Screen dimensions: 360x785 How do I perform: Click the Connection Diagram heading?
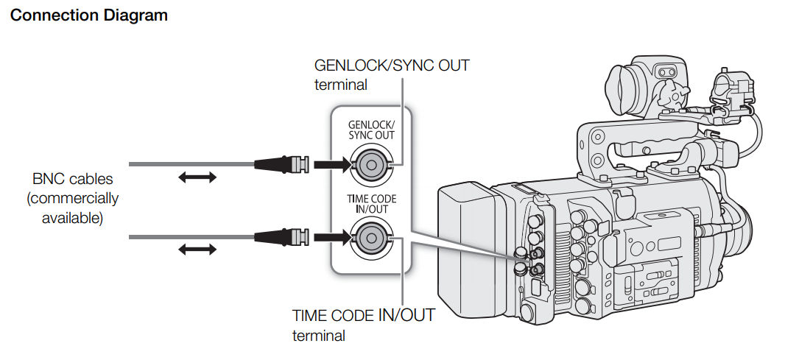pyautogui.click(x=88, y=15)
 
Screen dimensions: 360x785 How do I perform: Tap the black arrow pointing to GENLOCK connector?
pyautogui.click(x=329, y=163)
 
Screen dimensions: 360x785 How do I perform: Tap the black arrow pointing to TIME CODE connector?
pyautogui.click(x=329, y=236)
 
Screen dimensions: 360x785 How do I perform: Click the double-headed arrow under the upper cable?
pyautogui.click(x=198, y=177)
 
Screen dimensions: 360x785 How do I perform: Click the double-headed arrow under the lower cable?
pyautogui.click(x=198, y=250)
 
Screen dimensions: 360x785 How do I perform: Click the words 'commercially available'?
pyautogui.click(x=72, y=208)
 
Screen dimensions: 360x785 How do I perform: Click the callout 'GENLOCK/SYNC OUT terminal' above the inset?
pyautogui.click(x=391, y=74)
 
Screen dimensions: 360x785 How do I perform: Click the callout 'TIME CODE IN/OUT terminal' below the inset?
pyautogui.click(x=363, y=325)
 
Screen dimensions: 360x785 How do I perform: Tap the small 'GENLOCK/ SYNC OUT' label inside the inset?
pyautogui.click(x=370, y=130)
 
